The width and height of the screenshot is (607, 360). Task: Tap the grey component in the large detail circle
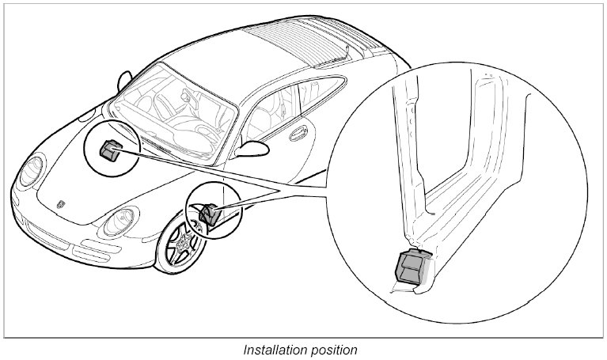click(x=410, y=265)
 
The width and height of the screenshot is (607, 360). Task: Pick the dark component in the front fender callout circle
click(x=211, y=212)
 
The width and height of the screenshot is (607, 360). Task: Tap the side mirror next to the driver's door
click(x=255, y=148)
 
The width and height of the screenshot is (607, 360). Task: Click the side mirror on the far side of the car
click(x=123, y=80)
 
